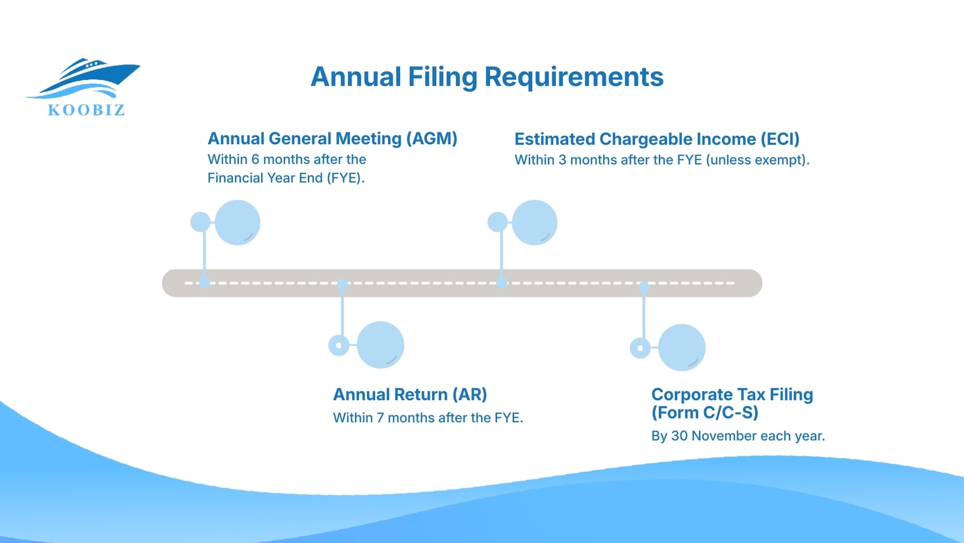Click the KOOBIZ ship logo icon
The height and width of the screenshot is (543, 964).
[x=86, y=78]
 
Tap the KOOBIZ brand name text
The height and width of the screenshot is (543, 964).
[x=86, y=110]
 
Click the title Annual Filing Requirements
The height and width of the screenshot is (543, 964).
[x=487, y=77]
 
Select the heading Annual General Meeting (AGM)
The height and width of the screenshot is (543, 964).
[x=332, y=139]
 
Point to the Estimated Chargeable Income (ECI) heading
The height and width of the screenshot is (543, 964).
[x=657, y=139]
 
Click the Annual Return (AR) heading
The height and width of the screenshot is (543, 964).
[x=410, y=395]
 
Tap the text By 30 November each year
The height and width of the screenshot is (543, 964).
[x=737, y=436]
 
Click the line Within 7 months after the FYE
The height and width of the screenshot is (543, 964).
[x=427, y=418]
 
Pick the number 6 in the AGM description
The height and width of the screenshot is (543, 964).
[x=255, y=160]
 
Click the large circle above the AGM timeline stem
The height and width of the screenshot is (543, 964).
[x=237, y=222]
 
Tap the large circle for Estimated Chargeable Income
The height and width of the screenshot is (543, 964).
[x=534, y=222]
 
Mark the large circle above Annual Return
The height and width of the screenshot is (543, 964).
[x=380, y=345]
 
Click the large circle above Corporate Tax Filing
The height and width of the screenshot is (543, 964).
[x=682, y=347]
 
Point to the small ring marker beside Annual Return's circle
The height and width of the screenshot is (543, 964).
[x=338, y=345]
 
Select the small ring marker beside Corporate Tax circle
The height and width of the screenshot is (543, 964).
[x=640, y=348]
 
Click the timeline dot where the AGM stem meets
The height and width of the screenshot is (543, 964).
[x=204, y=282]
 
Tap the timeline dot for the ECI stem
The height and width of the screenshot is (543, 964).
[x=501, y=282]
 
